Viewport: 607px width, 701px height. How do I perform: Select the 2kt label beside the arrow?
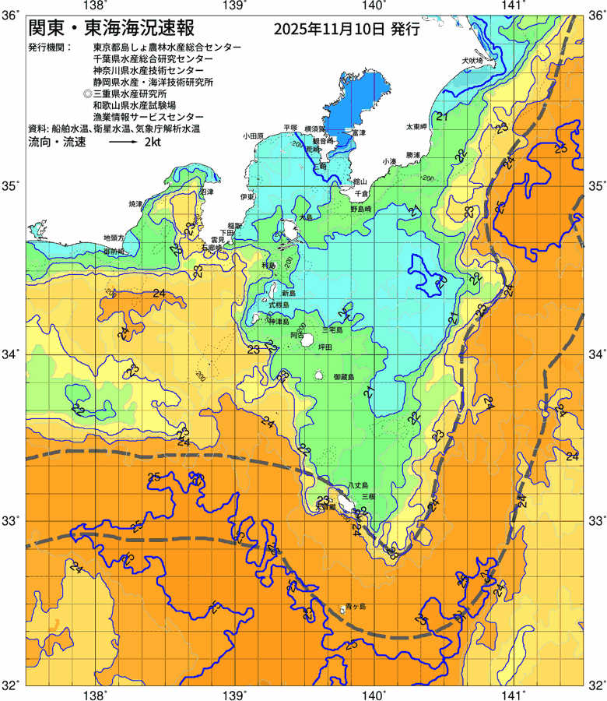(152, 143)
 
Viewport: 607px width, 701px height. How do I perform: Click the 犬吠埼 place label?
(472, 60)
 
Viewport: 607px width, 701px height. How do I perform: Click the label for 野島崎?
(363, 210)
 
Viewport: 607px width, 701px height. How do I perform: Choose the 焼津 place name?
(135, 203)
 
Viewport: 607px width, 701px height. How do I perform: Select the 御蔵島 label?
(343, 377)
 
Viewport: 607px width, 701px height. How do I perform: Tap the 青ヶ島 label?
(355, 605)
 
